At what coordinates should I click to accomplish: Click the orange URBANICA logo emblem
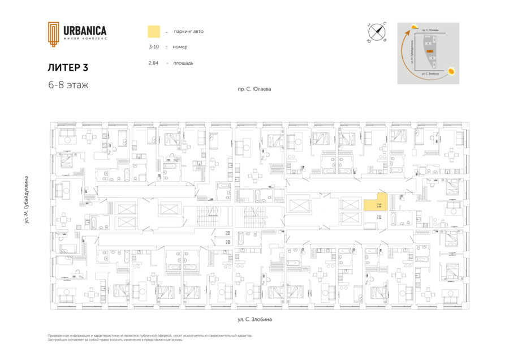(x=53, y=33)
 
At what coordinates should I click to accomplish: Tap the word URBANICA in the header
(x=84, y=31)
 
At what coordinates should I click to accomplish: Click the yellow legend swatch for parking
(x=153, y=32)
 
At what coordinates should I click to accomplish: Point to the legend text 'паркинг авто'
(x=188, y=32)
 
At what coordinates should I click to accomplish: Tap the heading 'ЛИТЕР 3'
(x=68, y=67)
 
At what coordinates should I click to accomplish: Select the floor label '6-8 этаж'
(x=68, y=85)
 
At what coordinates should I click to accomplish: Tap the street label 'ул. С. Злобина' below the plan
(x=255, y=320)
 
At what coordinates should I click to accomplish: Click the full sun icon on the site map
(x=452, y=71)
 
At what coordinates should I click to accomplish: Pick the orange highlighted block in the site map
(x=430, y=51)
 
